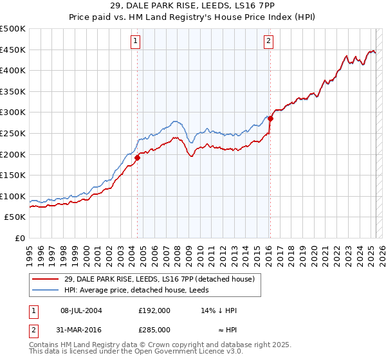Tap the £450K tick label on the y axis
[13, 50]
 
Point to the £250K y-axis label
[13, 133]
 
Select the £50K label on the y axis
[15, 217]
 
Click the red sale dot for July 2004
[138, 157]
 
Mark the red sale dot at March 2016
[271, 118]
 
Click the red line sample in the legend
[45, 278]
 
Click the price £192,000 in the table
[154, 310]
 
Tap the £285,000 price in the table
[154, 329]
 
